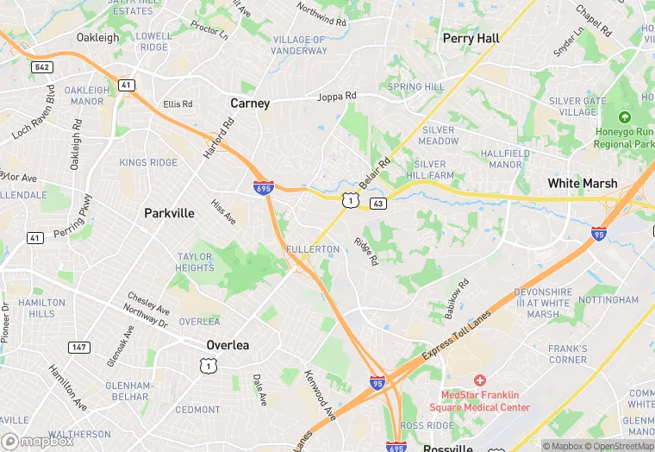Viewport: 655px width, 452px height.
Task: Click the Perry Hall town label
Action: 471,39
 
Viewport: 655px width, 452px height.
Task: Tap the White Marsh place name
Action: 583,184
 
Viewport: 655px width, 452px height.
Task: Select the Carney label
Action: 250,104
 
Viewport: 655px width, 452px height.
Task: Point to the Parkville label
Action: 169,213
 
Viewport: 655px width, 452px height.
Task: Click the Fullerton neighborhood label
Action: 313,249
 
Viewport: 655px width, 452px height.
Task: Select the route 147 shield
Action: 78,347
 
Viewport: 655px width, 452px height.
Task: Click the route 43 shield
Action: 377,203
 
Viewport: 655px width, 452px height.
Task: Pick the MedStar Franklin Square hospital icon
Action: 479,380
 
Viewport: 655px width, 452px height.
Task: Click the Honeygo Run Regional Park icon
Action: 624,117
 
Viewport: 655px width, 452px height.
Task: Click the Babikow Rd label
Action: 457,298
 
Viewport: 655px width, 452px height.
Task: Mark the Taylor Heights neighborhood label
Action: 195,262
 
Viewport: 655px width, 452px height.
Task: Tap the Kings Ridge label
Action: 148,163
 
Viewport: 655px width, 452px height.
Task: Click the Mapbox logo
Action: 39,441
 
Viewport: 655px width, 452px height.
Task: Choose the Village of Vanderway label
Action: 300,46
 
